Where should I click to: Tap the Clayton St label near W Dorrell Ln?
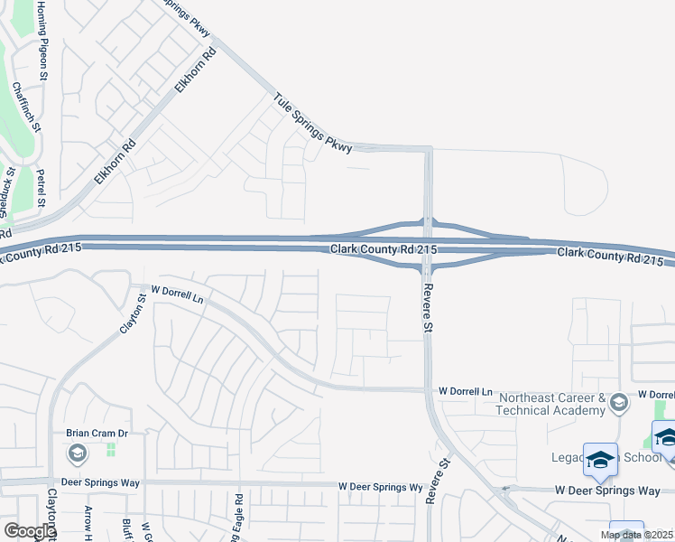tap(134, 311)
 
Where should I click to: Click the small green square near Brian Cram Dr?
tap(112, 449)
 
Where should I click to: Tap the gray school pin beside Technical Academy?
tap(619, 403)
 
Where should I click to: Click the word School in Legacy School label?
tap(643, 457)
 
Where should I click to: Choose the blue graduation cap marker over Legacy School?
tap(600, 461)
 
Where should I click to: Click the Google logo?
tap(29, 531)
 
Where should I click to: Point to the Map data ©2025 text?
tap(638, 535)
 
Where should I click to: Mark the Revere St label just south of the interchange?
tap(429, 306)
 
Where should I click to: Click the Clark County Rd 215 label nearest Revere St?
tap(384, 249)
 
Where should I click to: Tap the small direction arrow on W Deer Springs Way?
tap(506, 490)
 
